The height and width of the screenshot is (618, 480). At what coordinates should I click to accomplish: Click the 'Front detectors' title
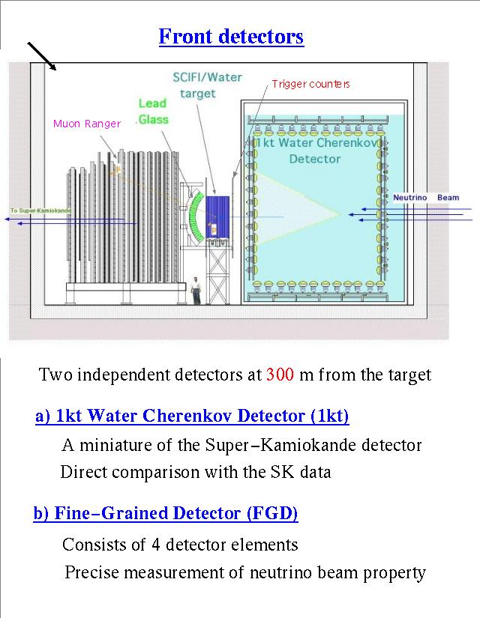point(231,36)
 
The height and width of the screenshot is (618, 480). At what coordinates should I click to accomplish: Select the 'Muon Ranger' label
point(86,124)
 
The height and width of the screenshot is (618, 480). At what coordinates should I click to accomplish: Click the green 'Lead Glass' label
point(153,111)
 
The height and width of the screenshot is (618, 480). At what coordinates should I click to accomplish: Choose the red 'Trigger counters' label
point(310,83)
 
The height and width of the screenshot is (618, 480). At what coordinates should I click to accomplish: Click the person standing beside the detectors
point(196,289)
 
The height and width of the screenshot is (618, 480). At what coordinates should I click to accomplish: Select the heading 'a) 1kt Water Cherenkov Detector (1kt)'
point(192,416)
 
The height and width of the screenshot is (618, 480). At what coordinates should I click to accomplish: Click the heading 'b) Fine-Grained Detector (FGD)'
point(166,513)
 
